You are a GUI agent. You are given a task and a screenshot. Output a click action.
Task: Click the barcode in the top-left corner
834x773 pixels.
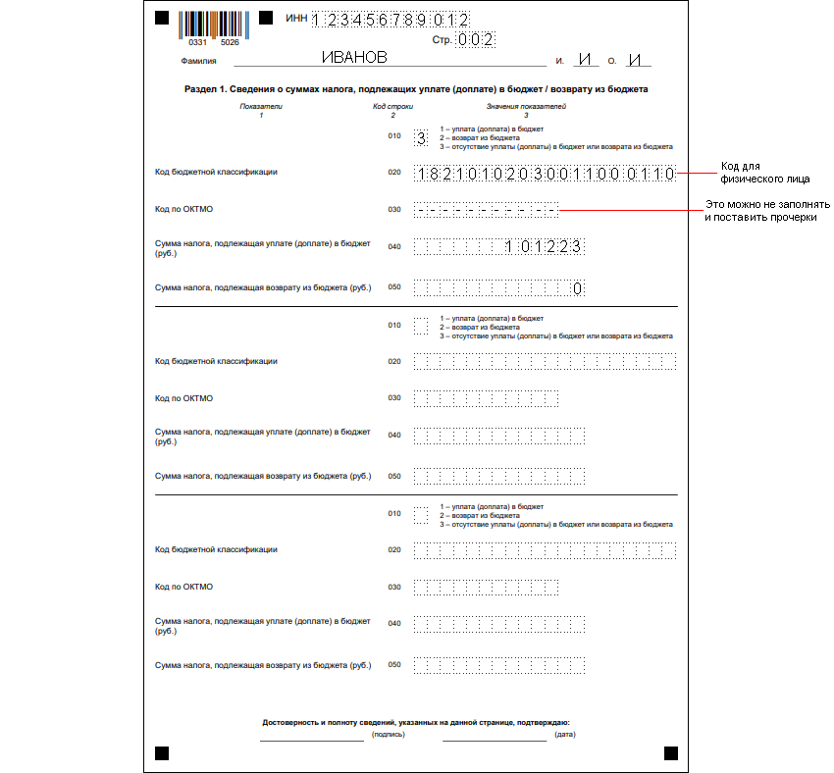215,26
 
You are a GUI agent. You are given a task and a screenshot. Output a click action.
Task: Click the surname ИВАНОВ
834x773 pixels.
354,58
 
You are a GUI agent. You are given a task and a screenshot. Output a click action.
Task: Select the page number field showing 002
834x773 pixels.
476,40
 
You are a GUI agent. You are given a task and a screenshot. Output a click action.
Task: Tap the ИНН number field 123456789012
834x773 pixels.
391,20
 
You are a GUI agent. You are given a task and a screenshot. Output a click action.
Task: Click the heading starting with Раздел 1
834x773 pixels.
416,89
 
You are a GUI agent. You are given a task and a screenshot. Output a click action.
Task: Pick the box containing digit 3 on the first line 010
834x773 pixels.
421,138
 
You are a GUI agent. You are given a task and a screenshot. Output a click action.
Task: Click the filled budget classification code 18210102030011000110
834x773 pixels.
545,174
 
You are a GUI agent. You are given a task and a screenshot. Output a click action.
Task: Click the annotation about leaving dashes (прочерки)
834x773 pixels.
767,211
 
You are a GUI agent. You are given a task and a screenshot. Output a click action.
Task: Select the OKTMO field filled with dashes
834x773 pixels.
486,209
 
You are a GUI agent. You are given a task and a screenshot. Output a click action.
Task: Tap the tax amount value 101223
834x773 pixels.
544,247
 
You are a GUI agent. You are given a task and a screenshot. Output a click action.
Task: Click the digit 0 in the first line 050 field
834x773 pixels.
578,288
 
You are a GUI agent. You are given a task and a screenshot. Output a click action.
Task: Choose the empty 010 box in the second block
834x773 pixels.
421,325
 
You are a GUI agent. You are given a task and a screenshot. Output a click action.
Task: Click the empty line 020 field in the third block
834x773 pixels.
545,550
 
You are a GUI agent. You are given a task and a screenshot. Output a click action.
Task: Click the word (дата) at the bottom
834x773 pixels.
564,734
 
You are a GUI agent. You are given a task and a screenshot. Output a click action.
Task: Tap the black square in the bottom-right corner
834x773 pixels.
671,752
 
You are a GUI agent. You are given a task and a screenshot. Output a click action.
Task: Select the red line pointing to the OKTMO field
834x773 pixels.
627,210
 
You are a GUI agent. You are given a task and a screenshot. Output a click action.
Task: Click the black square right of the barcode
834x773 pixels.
266,19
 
